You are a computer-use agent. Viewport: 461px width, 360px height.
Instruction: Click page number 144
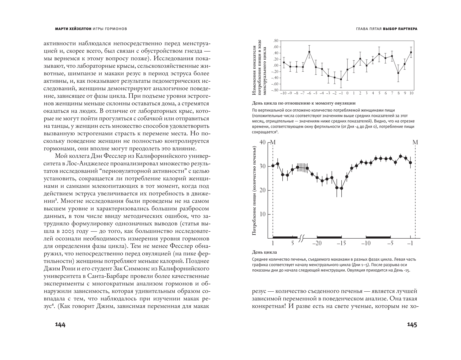pyautogui.click(x=60, y=325)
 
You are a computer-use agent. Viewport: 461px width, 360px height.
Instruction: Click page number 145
pyautogui.click(x=412, y=325)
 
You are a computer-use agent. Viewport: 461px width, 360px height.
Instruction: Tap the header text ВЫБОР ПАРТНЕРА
pyautogui.click(x=400, y=29)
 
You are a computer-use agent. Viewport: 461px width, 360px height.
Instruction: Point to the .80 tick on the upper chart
pyautogui.click(x=276, y=41)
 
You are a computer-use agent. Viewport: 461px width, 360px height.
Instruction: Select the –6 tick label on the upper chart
pyautogui.click(x=309, y=93)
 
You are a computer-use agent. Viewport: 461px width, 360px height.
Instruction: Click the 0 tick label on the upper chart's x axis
pyautogui.click(x=347, y=93)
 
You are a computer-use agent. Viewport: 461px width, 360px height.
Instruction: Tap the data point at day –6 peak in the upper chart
pyautogui.click(x=309, y=52)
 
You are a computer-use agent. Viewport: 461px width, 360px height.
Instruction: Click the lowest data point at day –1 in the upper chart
pyautogui.click(x=341, y=79)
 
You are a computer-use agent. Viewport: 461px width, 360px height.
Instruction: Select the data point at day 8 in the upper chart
pyautogui.click(x=398, y=73)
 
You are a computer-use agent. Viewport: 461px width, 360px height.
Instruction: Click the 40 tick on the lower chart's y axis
pyautogui.click(x=262, y=142)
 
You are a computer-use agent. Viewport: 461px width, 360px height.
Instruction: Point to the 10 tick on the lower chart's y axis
pyautogui.click(x=262, y=214)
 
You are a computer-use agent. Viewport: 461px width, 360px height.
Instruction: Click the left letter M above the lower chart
pyautogui.click(x=273, y=142)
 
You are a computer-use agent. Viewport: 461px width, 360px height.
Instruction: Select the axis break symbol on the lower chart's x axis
pyautogui.click(x=302, y=238)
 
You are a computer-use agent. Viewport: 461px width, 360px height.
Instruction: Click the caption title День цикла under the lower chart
pyautogui.click(x=264, y=252)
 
